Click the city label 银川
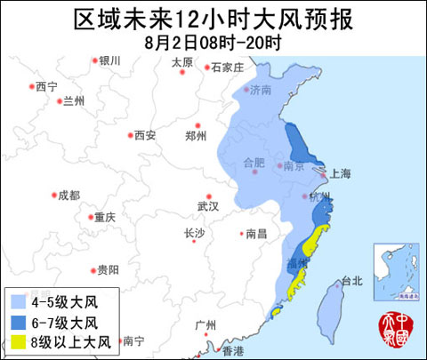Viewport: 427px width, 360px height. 109,60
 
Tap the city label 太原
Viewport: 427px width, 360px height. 181,61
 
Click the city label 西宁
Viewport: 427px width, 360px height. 46,86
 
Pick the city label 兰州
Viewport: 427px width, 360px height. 74,101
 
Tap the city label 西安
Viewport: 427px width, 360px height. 144,136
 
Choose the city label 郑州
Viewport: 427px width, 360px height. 195,136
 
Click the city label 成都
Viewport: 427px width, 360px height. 68,195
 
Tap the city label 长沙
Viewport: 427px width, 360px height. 194,234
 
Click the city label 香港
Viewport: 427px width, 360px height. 232,351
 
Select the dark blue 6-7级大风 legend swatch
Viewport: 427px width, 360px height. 17,322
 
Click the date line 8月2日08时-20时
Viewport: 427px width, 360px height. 213,41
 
